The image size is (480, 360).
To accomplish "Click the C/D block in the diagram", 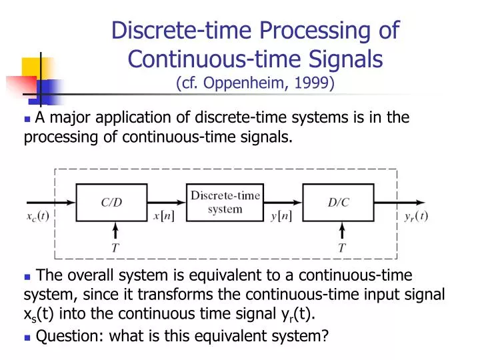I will coord(111,203).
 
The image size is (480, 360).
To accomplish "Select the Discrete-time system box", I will coord(225,203).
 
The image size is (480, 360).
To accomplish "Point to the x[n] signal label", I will coord(164,216).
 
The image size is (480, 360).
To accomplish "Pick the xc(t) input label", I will coord(38,216).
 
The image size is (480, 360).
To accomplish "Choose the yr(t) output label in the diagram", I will coord(417,216).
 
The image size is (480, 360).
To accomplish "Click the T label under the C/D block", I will coord(115,248).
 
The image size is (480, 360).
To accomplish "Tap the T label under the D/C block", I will coord(342,248).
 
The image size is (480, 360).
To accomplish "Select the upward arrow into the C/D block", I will coord(115,231).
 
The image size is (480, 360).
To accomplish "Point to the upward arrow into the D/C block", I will coord(342,231).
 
